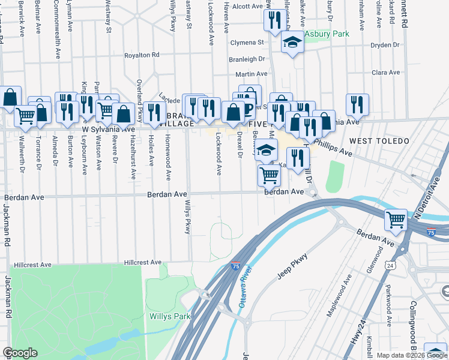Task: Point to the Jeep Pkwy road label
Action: [292, 265]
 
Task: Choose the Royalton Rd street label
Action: [142, 55]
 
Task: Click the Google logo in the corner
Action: [20, 353]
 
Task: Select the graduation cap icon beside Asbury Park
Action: [292, 43]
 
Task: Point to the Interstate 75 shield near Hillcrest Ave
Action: [236, 265]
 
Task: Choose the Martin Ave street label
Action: [247, 74]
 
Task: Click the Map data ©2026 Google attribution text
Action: [412, 355]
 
